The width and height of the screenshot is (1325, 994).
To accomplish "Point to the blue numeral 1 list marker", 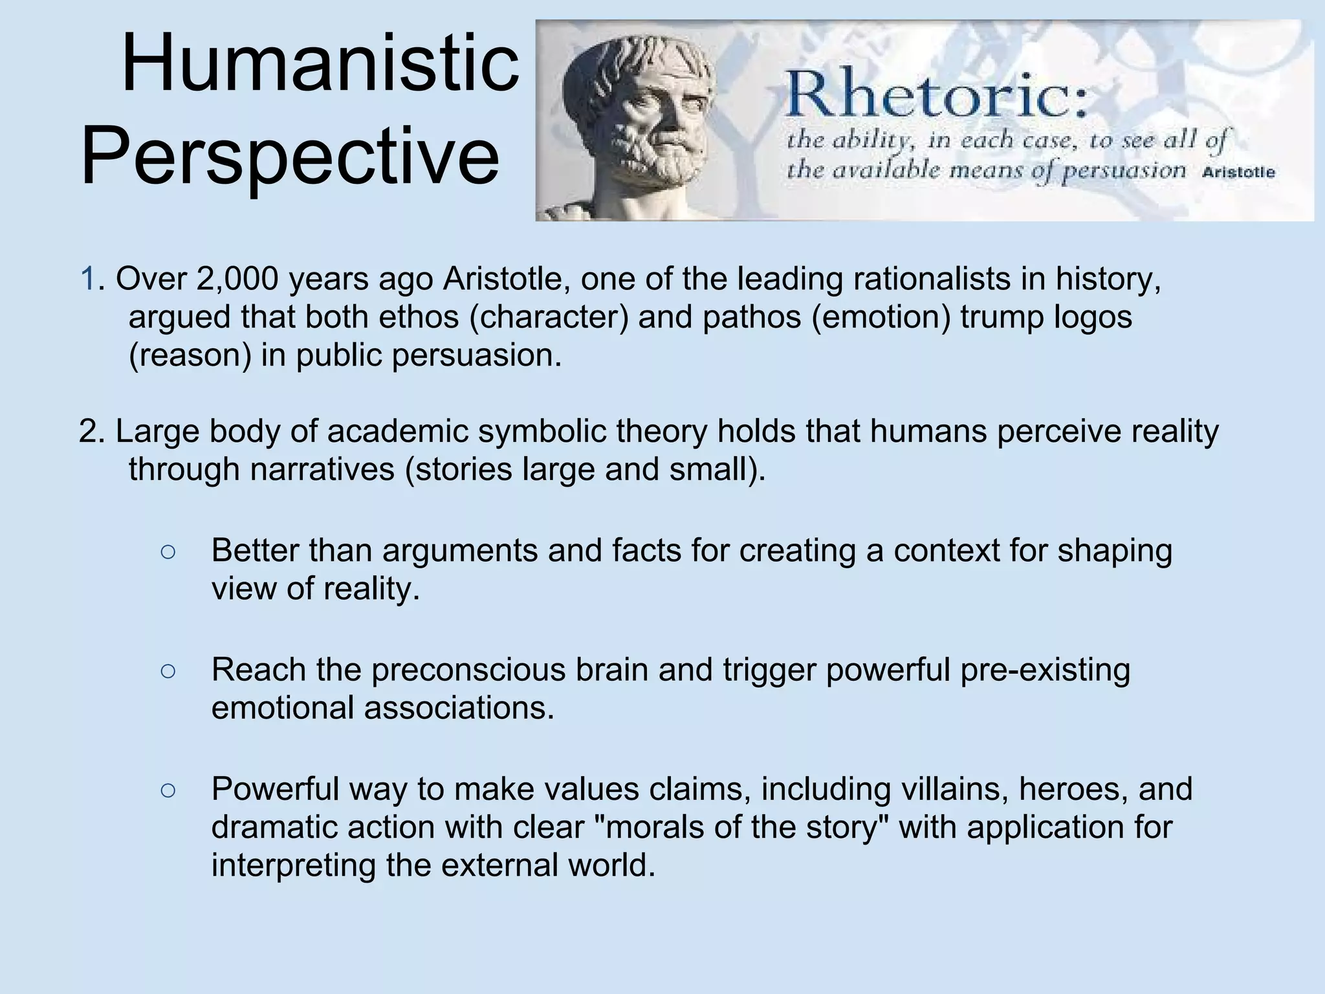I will pos(88,279).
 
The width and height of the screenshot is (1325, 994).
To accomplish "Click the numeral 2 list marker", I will pos(88,432).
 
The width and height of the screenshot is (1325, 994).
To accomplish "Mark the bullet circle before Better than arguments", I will pos(168,552).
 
